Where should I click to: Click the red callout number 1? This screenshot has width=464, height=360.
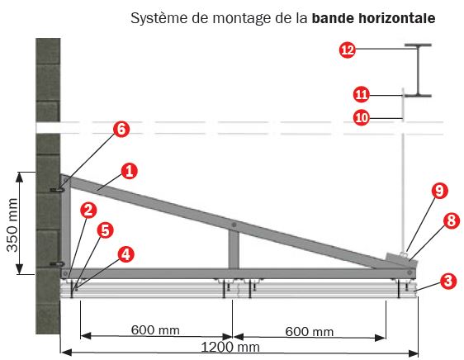(x=130, y=171)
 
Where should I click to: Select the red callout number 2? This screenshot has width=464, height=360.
(x=88, y=211)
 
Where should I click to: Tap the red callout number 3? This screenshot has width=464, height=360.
(x=448, y=281)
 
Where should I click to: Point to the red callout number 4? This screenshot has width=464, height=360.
(x=126, y=254)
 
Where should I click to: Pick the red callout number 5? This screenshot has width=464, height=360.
(x=105, y=230)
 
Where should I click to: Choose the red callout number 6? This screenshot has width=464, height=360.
(x=121, y=130)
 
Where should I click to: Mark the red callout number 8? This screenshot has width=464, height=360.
(x=452, y=220)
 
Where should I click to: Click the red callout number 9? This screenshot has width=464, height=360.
(x=440, y=191)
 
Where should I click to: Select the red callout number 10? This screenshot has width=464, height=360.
(x=362, y=118)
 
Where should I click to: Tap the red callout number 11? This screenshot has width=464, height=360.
(x=362, y=95)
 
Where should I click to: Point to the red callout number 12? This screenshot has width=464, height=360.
(x=348, y=50)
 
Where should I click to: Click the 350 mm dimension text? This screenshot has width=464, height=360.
(x=12, y=225)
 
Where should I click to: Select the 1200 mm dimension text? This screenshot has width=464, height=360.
(x=230, y=347)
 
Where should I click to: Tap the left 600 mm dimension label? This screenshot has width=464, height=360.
(x=155, y=329)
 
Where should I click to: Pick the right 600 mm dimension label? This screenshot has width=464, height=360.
(x=310, y=331)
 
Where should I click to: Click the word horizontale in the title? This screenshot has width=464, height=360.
(x=397, y=18)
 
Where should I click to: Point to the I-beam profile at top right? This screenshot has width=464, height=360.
(x=418, y=70)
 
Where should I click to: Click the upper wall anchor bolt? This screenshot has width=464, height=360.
(x=58, y=189)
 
